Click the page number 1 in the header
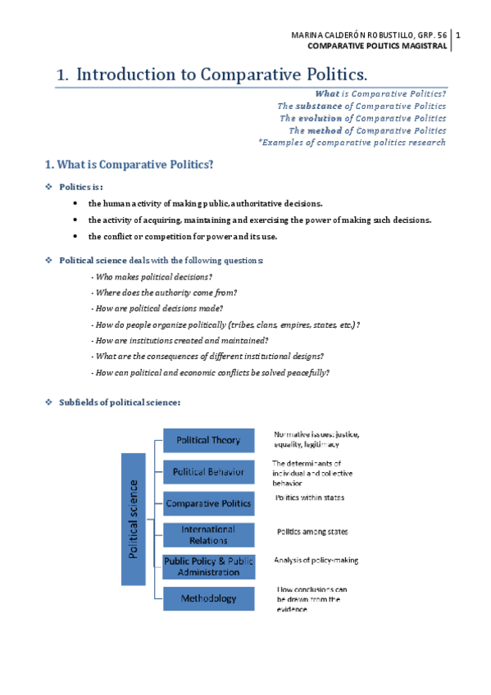pos(458,34)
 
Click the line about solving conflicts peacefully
pos(211,372)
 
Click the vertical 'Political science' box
pos(134,519)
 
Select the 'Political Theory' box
pos(208,440)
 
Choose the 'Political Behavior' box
pos(208,472)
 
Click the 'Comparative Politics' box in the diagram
pos(208,503)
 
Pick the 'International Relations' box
pos(208,534)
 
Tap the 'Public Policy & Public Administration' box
pos(208,566)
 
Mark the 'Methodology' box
pos(208,598)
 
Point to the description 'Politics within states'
pos(310,497)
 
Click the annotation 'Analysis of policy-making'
pos(316,561)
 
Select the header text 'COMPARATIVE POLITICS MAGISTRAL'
pos(377,46)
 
